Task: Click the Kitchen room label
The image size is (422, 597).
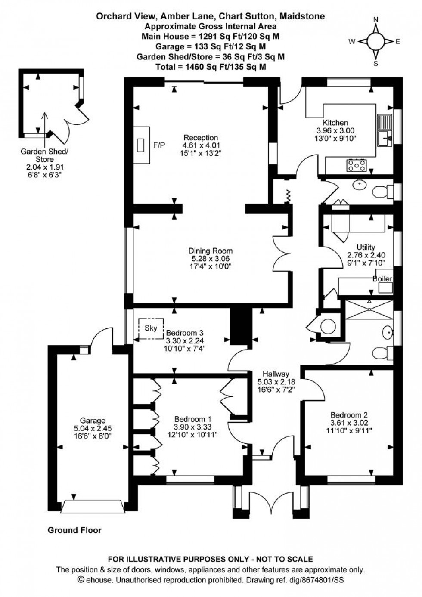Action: [335, 123]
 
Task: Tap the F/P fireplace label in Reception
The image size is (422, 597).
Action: [159, 145]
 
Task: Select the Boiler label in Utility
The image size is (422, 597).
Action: [382, 279]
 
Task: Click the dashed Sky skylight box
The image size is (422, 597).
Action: [151, 328]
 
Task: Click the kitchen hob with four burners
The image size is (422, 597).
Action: [357, 164]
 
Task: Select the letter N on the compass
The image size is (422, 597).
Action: [375, 19]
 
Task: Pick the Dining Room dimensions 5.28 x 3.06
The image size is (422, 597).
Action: [211, 259]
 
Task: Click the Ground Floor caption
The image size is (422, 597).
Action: [74, 530]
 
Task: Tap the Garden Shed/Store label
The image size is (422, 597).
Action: [44, 155]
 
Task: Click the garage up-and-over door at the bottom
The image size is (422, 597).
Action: [93, 506]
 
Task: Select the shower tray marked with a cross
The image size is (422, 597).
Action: [369, 309]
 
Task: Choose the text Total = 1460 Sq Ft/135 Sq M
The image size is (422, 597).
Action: [211, 67]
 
